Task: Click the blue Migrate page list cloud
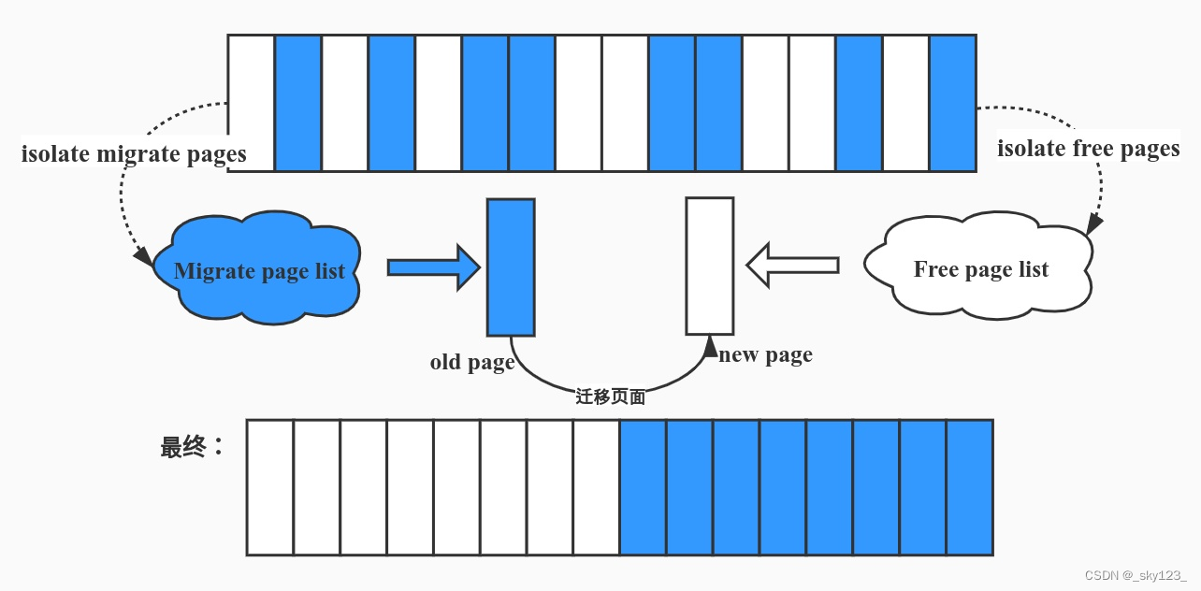259,271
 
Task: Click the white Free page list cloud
980,269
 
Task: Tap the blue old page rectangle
511,267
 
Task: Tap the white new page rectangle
709,266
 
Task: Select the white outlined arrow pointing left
792,266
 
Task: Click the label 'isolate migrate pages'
134,154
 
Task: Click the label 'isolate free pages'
1088,149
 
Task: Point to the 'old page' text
472,362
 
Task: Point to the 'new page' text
765,355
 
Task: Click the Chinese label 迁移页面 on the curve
610,396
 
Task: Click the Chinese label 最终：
192,447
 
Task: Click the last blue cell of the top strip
952,103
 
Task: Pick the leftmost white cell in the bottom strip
270,487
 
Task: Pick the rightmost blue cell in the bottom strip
969,487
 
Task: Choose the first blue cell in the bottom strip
643,487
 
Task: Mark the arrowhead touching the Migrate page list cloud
143,255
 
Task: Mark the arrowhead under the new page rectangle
709,347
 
